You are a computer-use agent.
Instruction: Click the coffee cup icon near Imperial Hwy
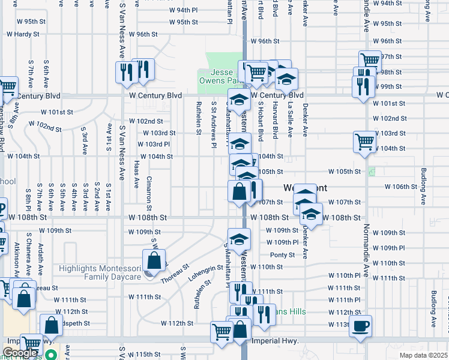[360, 326]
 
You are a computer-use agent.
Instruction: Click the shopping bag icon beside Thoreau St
[154, 260]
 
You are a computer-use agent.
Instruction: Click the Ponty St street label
[282, 255]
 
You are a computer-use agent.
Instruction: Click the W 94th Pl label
[183, 11]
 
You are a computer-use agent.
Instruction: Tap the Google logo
[20, 353]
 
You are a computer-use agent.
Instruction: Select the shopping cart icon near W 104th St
[364, 142]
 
